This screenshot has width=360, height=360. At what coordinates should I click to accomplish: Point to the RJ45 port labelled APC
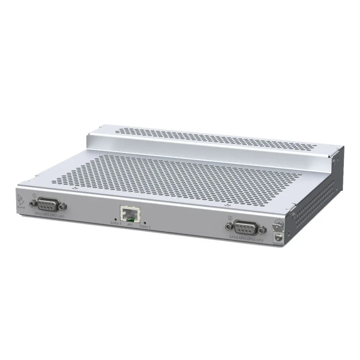click(129, 214)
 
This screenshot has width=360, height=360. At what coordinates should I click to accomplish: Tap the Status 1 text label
click(116, 223)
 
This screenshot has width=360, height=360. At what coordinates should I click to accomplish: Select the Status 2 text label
click(145, 226)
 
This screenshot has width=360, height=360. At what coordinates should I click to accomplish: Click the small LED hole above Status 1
click(115, 219)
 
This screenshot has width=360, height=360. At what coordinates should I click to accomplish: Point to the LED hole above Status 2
click(144, 222)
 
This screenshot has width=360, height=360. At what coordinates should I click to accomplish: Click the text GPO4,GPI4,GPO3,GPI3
click(248, 238)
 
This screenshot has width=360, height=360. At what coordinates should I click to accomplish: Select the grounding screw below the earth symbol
click(278, 237)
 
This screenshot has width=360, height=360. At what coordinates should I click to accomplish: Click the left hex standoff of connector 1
click(33, 203)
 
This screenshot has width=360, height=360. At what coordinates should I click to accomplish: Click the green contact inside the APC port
click(132, 217)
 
